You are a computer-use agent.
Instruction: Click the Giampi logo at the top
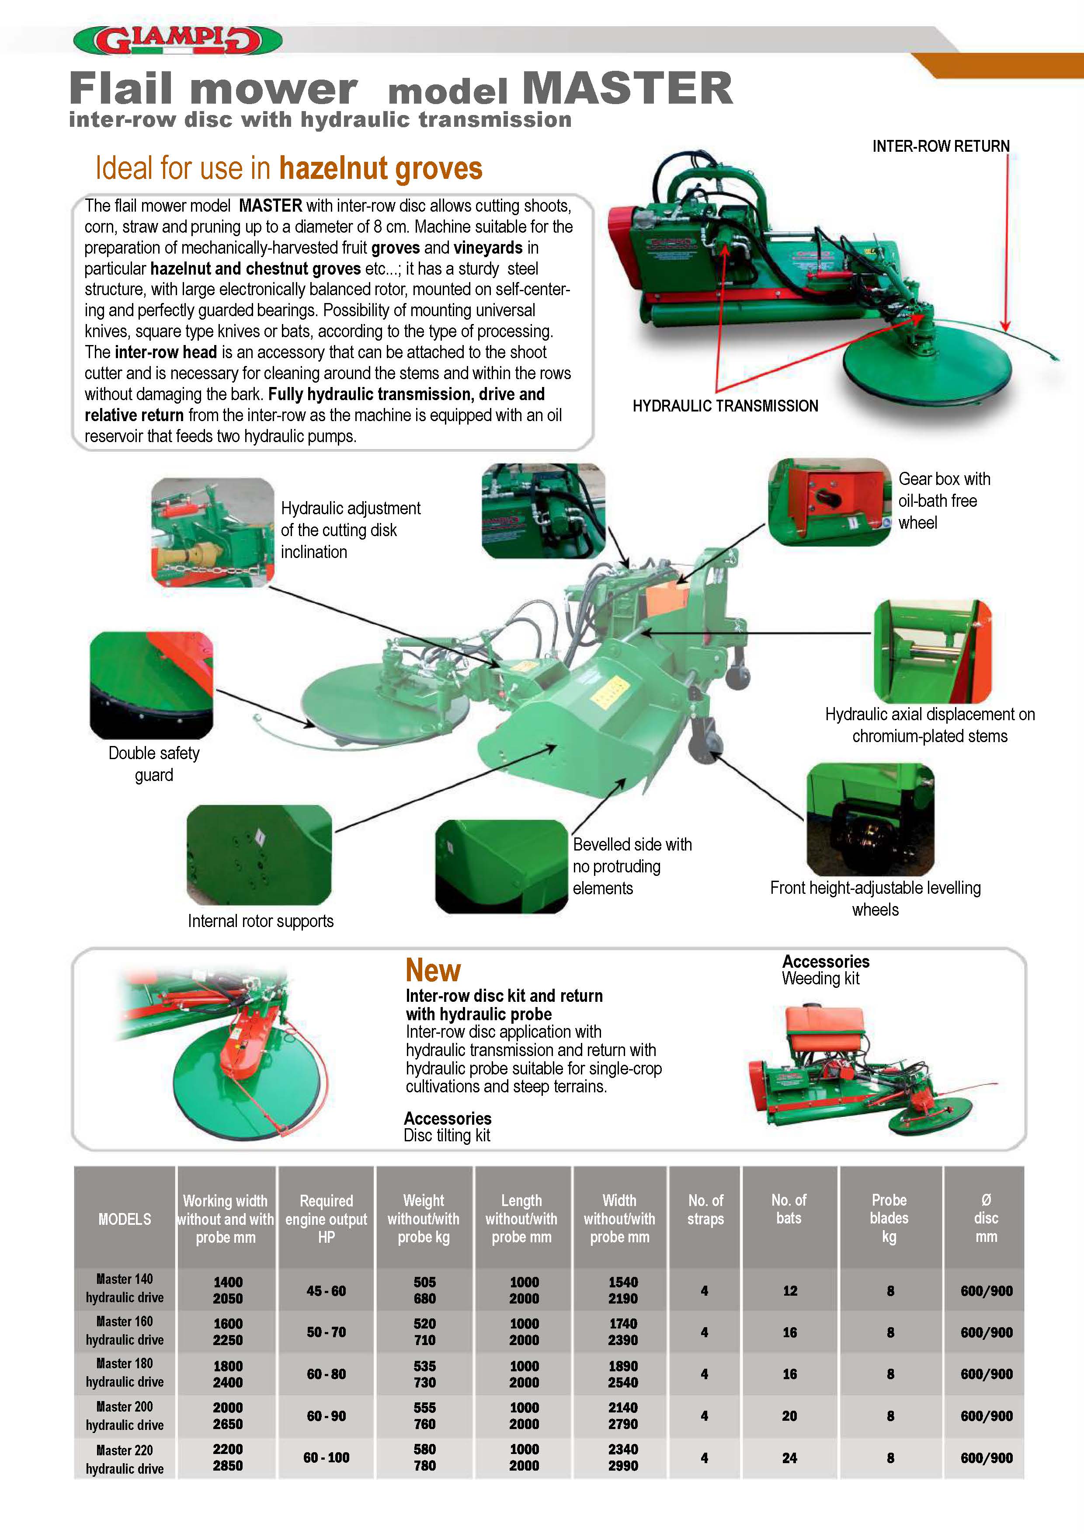click(177, 40)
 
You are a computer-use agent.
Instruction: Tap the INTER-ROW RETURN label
click(940, 146)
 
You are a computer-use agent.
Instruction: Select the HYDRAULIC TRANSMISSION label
click(725, 405)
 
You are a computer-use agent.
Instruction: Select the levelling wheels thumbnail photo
click(870, 819)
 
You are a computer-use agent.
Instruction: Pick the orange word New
click(433, 970)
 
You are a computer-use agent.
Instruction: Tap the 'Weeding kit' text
click(820, 979)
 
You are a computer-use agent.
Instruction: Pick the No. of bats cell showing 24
click(789, 1458)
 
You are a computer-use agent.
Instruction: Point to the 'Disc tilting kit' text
click(447, 1136)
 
